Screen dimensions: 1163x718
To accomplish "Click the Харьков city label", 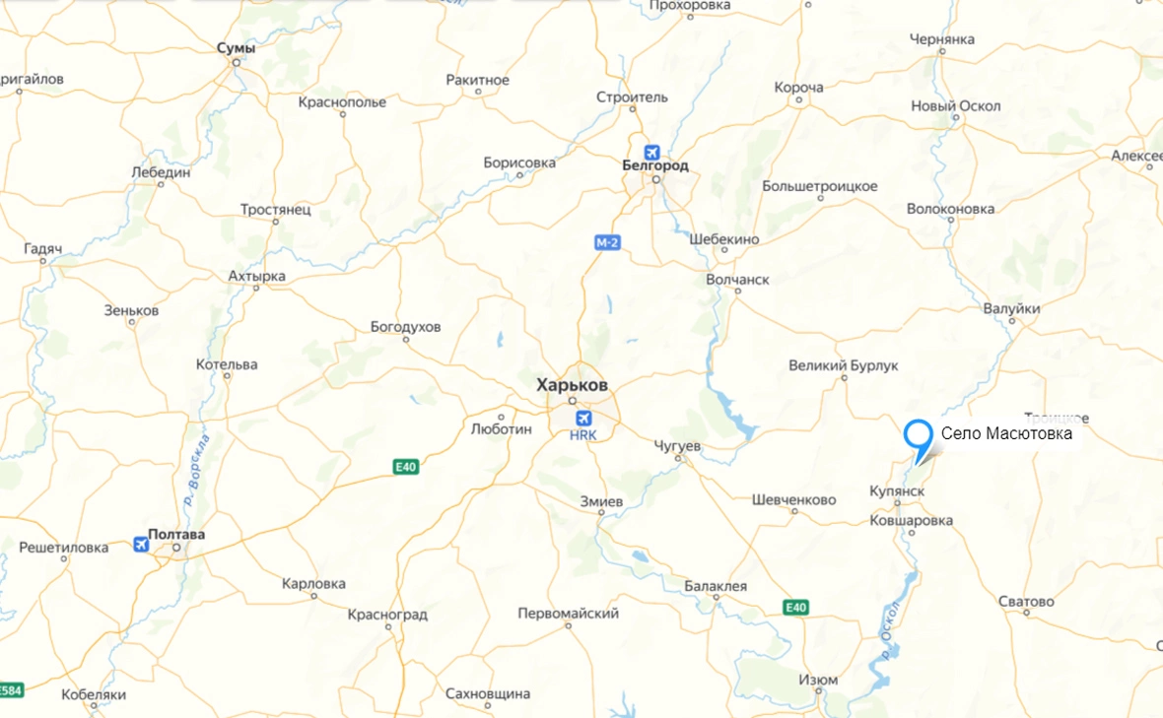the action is coord(572,384).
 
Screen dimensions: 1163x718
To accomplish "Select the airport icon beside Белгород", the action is coord(651,152).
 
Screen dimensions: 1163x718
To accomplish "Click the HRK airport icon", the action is coord(583,418).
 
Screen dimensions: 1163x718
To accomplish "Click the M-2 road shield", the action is coord(608,241).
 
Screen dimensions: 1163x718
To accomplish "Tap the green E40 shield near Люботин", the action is coord(405,467).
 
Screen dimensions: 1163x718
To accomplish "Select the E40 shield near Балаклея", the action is coord(796,608).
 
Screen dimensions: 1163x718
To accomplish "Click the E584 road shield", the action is coord(11,688).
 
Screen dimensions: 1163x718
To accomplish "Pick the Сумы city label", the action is coord(237,48).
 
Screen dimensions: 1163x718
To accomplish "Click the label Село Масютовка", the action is coord(1006,432).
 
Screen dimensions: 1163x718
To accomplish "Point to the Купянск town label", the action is coord(897,490).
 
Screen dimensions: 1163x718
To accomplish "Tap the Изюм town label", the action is coord(819,680).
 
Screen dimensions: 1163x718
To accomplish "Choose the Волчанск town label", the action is coord(737,280).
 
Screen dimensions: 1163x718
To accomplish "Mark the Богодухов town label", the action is coord(405,326).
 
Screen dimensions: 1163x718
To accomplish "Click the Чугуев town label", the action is coord(677,446).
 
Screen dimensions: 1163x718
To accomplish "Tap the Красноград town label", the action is coord(387,615).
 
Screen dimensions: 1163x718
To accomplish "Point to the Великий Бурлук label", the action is coord(844,365).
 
